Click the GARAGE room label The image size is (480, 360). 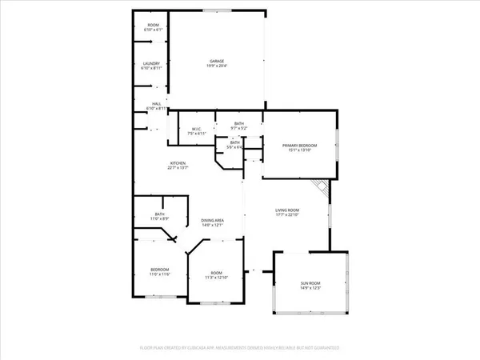216,61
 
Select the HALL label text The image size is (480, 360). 157,104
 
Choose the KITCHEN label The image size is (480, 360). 177,164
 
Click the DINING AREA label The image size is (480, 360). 211,220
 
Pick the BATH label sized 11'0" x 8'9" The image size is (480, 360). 159,214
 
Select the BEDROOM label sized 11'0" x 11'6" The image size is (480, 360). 160,270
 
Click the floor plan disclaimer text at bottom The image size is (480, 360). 240,349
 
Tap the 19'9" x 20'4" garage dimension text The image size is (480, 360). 216,66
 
